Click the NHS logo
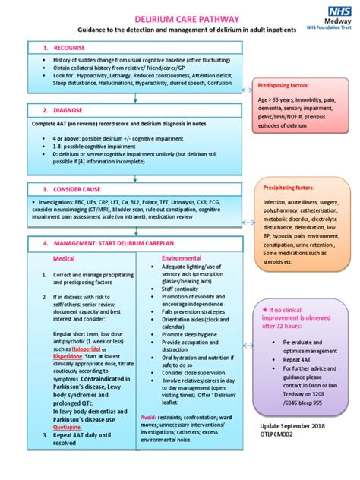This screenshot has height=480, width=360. [x=336, y=10]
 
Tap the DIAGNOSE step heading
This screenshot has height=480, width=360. [x=64, y=109]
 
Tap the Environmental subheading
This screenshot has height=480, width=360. [x=182, y=258]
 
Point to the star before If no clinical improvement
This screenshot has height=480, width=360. [x=264, y=311]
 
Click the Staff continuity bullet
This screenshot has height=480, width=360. [x=179, y=289]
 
